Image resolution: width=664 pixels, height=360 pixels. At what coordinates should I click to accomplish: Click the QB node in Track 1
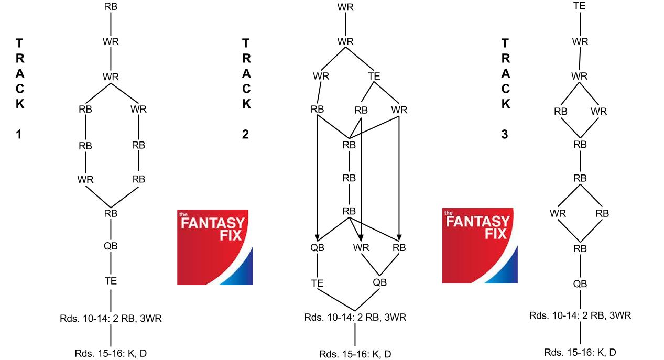click(111, 246)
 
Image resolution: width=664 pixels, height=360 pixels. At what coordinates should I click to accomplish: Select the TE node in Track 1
click(111, 281)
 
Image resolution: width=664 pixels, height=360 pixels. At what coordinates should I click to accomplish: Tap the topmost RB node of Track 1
click(111, 6)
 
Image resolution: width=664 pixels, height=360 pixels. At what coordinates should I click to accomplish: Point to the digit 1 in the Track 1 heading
click(19, 134)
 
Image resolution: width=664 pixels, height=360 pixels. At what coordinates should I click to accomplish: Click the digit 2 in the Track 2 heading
click(245, 134)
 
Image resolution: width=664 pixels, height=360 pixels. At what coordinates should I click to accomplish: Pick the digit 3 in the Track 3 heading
click(505, 134)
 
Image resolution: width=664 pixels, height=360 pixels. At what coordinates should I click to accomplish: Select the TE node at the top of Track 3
click(580, 6)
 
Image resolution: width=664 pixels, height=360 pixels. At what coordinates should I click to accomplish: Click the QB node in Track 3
click(580, 284)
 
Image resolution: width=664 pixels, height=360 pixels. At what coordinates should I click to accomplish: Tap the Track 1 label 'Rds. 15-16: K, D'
click(111, 353)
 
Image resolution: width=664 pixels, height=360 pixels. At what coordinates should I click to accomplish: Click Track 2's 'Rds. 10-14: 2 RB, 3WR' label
click(355, 318)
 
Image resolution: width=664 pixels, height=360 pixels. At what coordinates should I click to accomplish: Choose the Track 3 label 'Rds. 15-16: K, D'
click(580, 352)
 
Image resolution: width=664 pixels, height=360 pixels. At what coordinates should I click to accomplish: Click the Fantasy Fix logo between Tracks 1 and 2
click(215, 247)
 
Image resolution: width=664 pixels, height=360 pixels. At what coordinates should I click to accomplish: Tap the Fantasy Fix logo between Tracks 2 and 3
click(480, 246)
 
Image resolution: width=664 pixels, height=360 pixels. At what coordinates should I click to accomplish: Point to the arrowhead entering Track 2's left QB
click(317, 238)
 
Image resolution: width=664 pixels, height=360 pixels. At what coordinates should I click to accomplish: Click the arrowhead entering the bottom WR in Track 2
click(361, 238)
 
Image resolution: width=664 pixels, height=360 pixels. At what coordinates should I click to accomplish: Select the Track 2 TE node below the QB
click(317, 283)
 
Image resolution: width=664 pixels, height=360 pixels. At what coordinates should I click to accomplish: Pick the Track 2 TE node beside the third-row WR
click(374, 76)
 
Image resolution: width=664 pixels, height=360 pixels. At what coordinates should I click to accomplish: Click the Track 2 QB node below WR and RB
click(380, 282)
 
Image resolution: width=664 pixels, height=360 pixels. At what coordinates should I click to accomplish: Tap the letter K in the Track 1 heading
click(20, 104)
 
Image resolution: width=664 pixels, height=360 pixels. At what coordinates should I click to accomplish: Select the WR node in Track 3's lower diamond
click(558, 213)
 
